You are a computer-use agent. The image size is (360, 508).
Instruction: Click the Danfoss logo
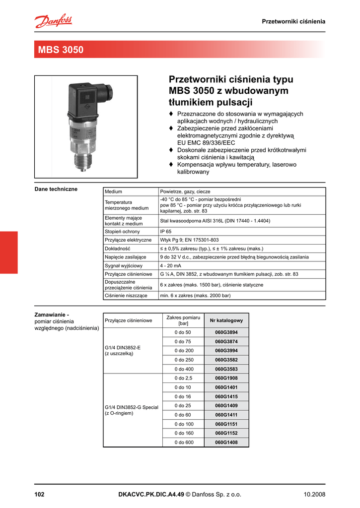53,21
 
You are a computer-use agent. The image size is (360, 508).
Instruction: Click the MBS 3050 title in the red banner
61,50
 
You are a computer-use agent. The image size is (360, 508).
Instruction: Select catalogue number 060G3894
226,332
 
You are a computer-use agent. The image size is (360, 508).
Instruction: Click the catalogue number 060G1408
226,442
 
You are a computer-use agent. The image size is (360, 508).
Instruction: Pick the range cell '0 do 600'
183,442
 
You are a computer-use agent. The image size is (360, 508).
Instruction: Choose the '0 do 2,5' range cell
183,378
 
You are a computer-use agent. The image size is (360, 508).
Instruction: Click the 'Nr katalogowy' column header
226,320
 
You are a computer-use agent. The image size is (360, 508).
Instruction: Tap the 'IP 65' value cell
166,232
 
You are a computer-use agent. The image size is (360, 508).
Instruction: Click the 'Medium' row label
113,191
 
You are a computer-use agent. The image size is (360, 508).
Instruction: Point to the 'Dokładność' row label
117,249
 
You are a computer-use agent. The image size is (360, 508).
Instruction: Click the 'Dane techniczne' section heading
56,190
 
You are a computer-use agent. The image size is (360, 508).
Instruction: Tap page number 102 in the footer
40,494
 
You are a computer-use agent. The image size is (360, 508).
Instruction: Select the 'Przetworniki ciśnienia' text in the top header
293,21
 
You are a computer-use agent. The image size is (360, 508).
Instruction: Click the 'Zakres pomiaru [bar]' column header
183,320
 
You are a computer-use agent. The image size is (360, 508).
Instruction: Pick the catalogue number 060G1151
226,424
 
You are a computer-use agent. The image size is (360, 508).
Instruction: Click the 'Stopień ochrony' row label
122,232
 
